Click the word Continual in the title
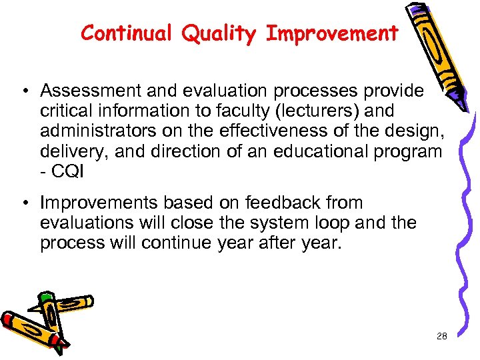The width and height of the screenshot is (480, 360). click(123, 33)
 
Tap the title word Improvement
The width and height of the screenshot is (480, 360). click(332, 33)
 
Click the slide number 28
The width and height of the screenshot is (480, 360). click(441, 337)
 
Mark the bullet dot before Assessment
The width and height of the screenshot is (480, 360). click(23, 91)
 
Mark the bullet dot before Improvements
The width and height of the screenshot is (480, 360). click(23, 203)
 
